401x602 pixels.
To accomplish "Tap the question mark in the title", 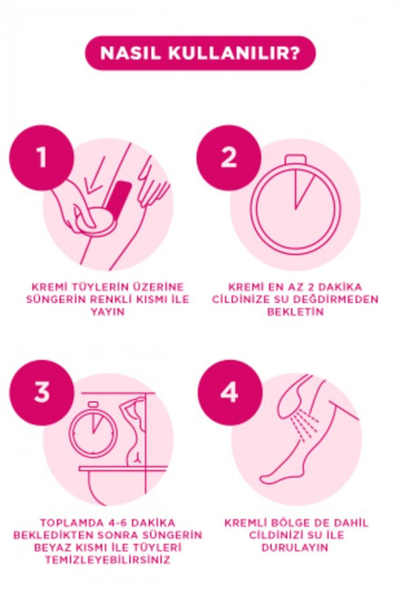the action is tap(294, 53).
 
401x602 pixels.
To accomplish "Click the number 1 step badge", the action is tap(41, 157).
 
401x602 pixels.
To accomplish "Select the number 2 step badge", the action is tap(229, 157).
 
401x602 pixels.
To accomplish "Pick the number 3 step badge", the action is tap(41, 393).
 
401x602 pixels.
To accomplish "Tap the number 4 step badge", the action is tap(230, 393).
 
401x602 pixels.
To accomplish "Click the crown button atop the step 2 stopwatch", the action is tap(295, 159).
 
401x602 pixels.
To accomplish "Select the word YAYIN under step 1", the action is tap(108, 311).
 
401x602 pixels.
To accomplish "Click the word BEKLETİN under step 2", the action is tap(295, 311).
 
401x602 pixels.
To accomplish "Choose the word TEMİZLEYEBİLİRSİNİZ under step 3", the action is tap(108, 559).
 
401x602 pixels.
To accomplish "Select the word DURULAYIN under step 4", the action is tap(295, 547).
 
